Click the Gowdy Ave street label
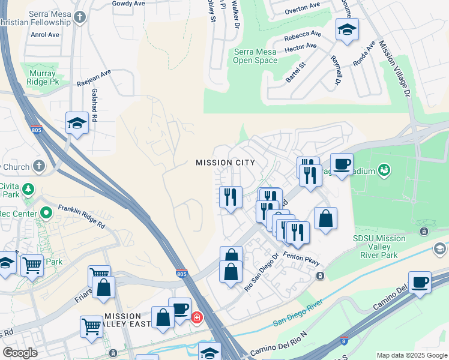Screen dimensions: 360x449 (129, 3)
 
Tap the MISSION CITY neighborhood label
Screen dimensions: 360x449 (225, 163)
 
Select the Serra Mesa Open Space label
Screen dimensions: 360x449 (255, 56)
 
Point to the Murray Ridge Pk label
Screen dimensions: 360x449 (42, 78)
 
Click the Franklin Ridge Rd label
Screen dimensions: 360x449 (82, 217)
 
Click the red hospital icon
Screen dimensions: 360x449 (196, 317)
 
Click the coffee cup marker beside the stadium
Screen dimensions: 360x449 (342, 164)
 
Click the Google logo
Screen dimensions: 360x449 (20, 352)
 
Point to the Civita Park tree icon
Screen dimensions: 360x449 (28, 190)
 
